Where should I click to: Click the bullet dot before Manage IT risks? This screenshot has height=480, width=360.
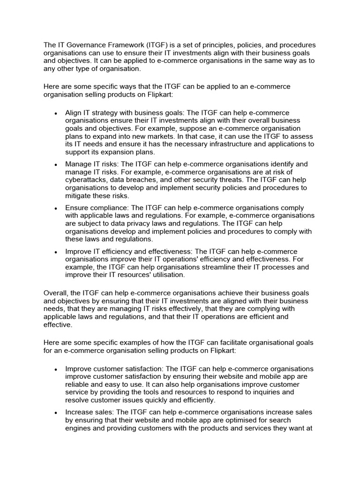pyautogui.click(x=56, y=165)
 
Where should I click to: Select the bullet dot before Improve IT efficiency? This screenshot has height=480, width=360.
pyautogui.click(x=56, y=252)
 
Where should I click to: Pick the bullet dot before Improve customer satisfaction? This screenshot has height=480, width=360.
pyautogui.click(x=56, y=369)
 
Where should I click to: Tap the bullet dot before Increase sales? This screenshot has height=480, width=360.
pyautogui.click(x=56, y=413)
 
